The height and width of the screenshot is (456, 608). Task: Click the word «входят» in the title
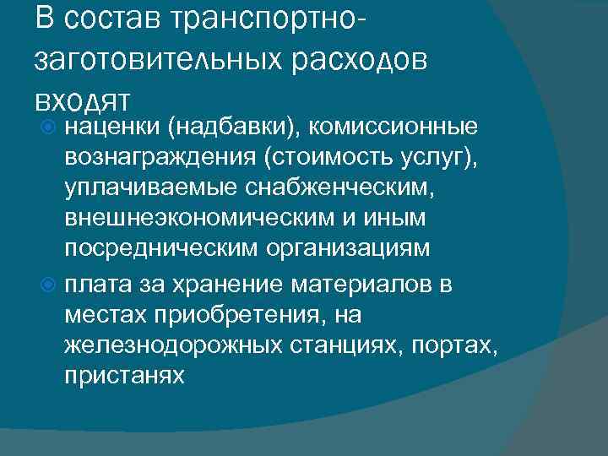[82, 99]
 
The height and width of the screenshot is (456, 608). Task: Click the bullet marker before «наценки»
[49, 127]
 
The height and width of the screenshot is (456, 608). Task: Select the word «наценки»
[112, 127]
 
